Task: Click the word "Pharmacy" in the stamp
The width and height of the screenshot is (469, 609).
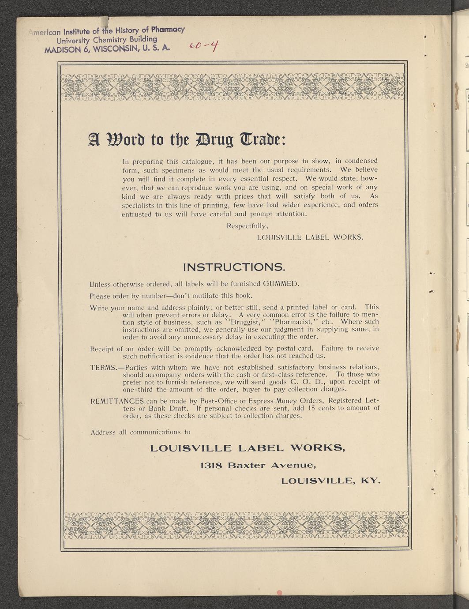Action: coord(167,30)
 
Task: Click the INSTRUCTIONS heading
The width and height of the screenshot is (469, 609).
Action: coord(234,267)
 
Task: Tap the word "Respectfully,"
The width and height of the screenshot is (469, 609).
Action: coord(247,226)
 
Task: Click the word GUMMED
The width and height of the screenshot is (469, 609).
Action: coord(281,283)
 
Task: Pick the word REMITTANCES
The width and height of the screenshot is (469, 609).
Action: coord(117,401)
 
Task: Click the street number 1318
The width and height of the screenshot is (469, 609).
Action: coord(211,465)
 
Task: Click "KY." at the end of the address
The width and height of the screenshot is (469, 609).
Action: coord(371,481)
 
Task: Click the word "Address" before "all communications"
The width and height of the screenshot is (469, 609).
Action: coord(103,432)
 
